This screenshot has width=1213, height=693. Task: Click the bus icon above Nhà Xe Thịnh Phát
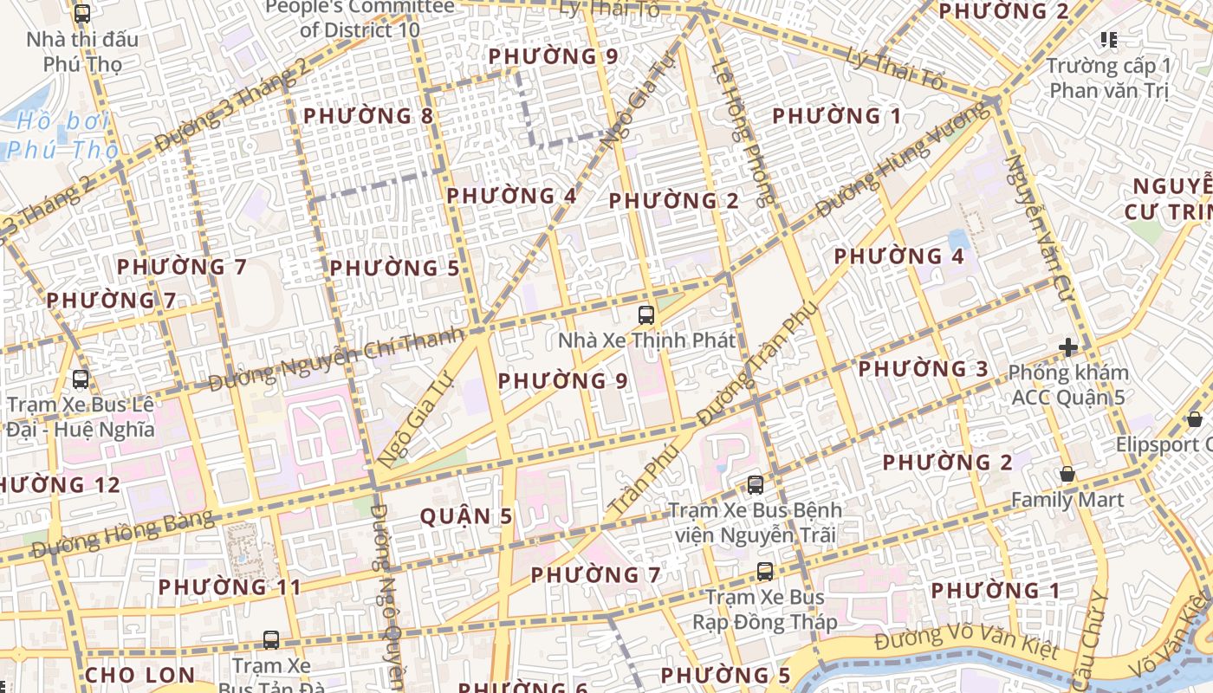pos(645,314)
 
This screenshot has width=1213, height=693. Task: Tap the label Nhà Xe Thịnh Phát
pos(647,340)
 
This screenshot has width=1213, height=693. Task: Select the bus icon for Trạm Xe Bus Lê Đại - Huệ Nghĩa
pos(81,379)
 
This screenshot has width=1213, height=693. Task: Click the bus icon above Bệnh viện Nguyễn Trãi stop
pos(756,485)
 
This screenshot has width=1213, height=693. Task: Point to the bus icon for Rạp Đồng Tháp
pos(764,572)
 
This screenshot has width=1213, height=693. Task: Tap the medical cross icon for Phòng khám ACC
pos(1068,348)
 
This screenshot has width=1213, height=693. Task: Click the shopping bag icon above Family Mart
pos(1067,475)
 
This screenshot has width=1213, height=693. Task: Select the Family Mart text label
pos(1067,500)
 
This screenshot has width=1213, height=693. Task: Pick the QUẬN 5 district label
pos(466,517)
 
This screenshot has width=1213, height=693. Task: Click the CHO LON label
pos(140,675)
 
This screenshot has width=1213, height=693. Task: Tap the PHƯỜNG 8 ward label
pos(369,116)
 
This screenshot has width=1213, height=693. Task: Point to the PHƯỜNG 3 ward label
pos(923,369)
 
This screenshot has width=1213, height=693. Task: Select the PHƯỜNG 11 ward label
pos(230,587)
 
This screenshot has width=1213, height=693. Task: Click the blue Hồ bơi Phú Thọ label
pos(62,135)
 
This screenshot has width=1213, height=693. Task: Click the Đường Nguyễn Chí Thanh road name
pos(338,357)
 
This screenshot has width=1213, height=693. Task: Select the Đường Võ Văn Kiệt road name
pos(965,644)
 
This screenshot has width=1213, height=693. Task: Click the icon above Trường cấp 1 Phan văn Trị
pos(1108,39)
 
